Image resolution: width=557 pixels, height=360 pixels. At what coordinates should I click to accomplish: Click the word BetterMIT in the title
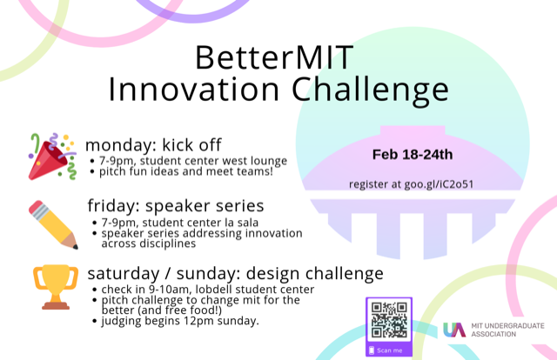(x=274, y=57)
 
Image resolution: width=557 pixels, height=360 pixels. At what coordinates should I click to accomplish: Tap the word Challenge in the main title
(x=370, y=90)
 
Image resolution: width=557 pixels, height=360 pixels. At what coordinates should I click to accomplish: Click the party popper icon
(x=52, y=157)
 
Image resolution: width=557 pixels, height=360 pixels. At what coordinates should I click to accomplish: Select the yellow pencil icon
(x=53, y=224)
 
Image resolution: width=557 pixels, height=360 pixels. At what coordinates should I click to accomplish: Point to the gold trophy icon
(x=56, y=287)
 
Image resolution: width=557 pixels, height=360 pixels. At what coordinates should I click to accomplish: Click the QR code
(x=389, y=320)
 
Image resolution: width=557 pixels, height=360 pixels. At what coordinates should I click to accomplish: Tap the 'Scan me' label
(x=389, y=350)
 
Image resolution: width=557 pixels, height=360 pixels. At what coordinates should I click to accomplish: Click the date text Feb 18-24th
(x=413, y=155)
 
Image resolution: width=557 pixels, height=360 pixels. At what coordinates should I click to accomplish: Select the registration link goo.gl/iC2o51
(x=439, y=184)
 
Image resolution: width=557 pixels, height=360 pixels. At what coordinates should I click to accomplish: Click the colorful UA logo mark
(x=454, y=330)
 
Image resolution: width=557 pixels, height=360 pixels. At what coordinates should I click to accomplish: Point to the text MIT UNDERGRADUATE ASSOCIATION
(x=507, y=330)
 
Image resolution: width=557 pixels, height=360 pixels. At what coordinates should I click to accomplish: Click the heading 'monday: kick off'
(x=153, y=145)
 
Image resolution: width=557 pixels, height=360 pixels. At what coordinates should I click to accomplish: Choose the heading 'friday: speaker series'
(x=176, y=206)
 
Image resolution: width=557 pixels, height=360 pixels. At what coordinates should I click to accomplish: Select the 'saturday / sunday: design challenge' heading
(x=236, y=274)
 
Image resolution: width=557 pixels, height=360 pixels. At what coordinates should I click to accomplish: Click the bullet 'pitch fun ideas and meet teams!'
(x=186, y=172)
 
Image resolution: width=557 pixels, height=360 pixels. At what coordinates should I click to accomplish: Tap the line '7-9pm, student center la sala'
(x=180, y=223)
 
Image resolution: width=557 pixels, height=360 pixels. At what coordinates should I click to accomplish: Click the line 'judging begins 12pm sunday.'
(x=180, y=321)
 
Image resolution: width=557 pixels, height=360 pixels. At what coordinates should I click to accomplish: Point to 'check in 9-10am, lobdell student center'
(x=208, y=290)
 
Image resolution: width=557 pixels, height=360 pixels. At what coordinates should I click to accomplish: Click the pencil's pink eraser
(x=37, y=208)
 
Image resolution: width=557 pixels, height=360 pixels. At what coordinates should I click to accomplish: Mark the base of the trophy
(x=56, y=305)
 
